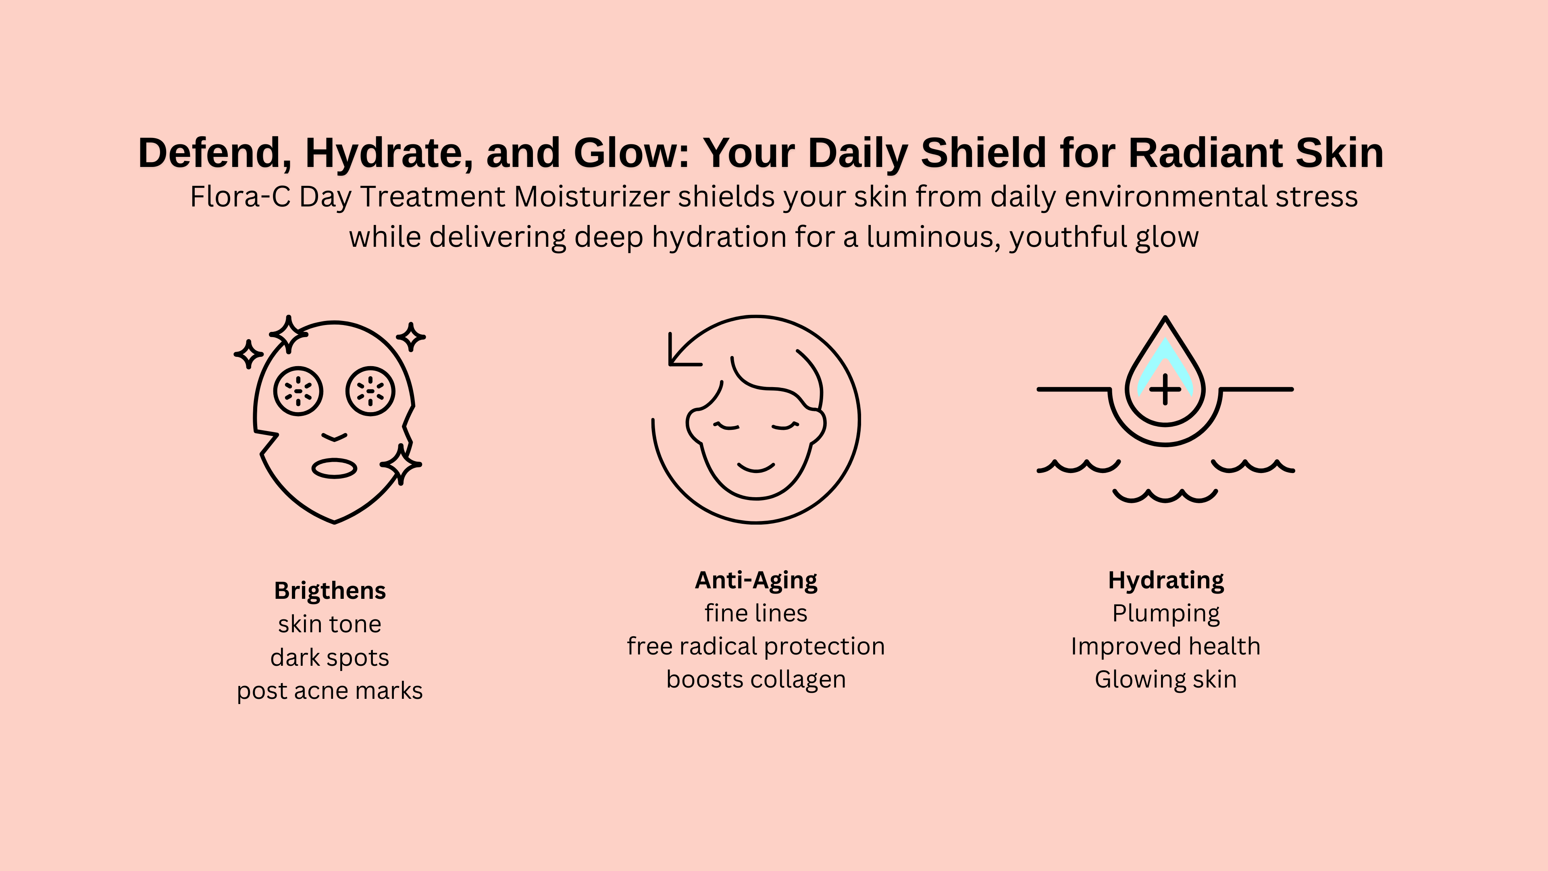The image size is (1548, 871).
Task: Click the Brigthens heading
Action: click(x=330, y=591)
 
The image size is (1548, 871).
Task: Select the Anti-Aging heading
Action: click(x=756, y=581)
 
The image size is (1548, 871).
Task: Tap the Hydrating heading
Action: click(x=1166, y=581)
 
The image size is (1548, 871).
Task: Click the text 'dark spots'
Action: click(x=330, y=658)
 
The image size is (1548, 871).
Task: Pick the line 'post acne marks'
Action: click(x=330, y=691)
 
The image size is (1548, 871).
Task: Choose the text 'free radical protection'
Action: click(x=756, y=646)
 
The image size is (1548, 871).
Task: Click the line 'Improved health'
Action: click(x=1166, y=646)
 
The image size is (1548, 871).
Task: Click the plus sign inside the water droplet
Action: click(x=1165, y=390)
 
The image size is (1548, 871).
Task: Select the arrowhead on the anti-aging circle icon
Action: click(x=679, y=355)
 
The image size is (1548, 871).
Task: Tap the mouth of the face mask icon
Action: click(x=335, y=468)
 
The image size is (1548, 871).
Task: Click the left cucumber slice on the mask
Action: click(x=298, y=391)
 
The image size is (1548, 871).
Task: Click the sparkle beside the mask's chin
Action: click(x=401, y=465)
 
